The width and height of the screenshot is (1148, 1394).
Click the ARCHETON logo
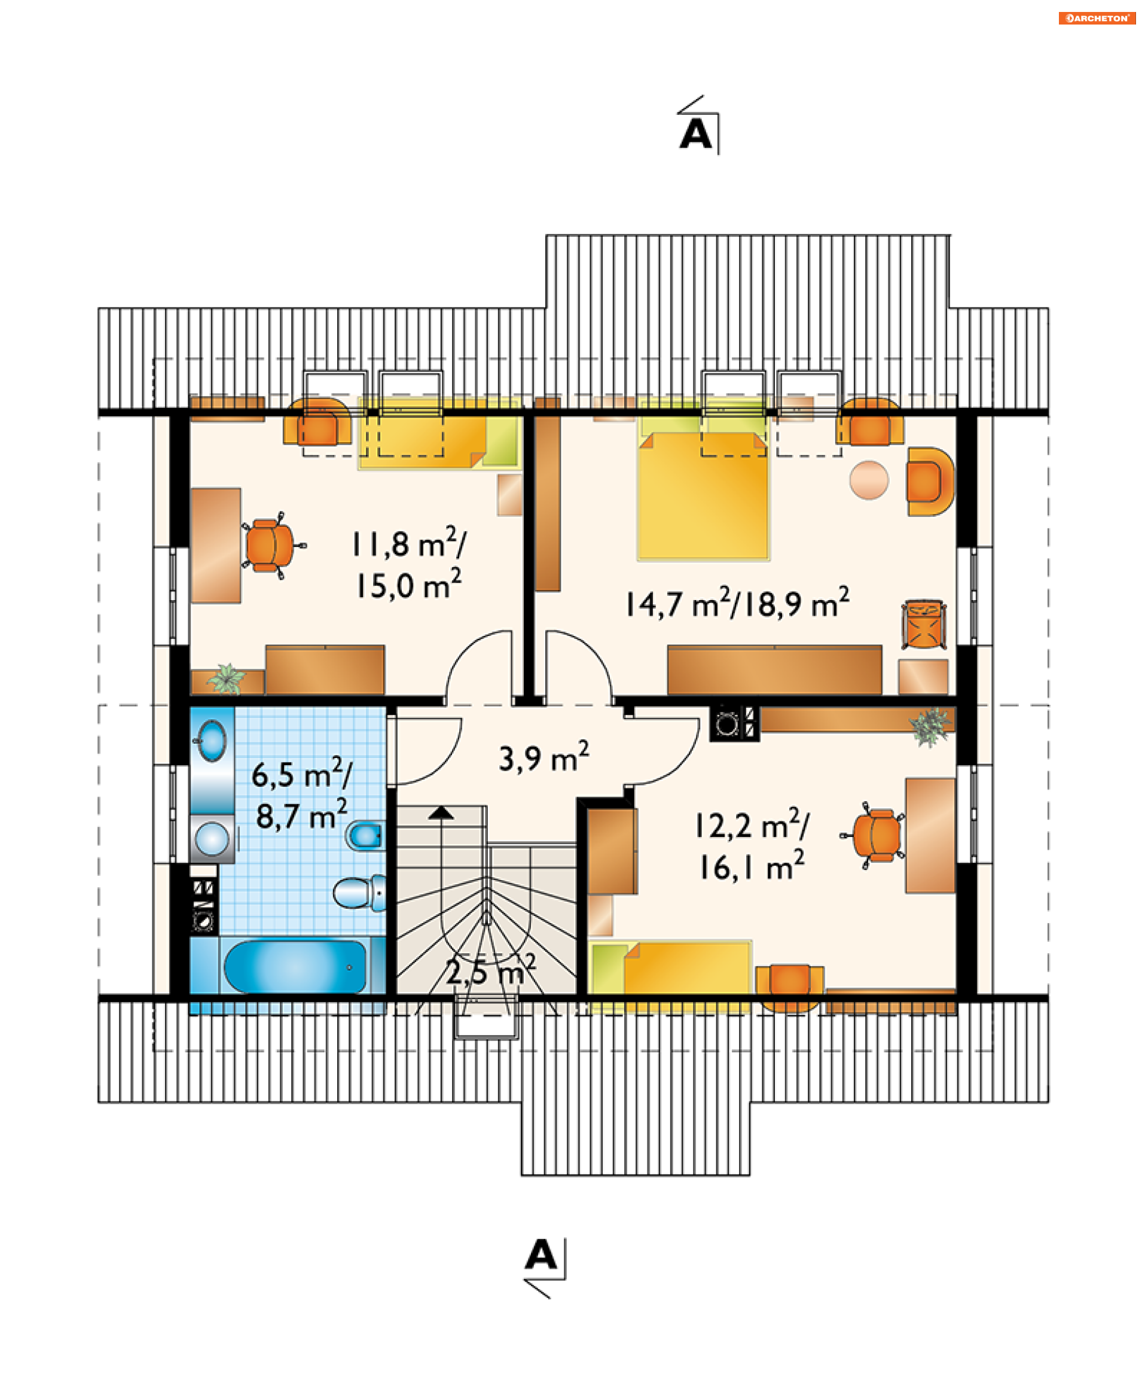pos(1097,19)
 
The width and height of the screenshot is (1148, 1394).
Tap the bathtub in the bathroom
pos(295,967)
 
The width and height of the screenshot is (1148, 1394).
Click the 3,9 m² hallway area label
pos(544,758)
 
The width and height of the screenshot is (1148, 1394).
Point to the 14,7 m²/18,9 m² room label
pos(737,602)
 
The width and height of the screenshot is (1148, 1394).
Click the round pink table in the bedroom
pos(869,480)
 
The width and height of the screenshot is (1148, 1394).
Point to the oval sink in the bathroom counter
pos(212,740)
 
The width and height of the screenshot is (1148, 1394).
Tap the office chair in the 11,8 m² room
pos(271,545)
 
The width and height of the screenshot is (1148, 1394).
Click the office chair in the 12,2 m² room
pos(874,835)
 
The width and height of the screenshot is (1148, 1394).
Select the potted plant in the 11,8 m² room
pos(227,679)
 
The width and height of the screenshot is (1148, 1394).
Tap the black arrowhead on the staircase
pos(441,812)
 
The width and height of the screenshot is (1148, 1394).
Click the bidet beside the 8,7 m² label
pos(365,836)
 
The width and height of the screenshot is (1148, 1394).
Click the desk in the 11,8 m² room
pos(216,546)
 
